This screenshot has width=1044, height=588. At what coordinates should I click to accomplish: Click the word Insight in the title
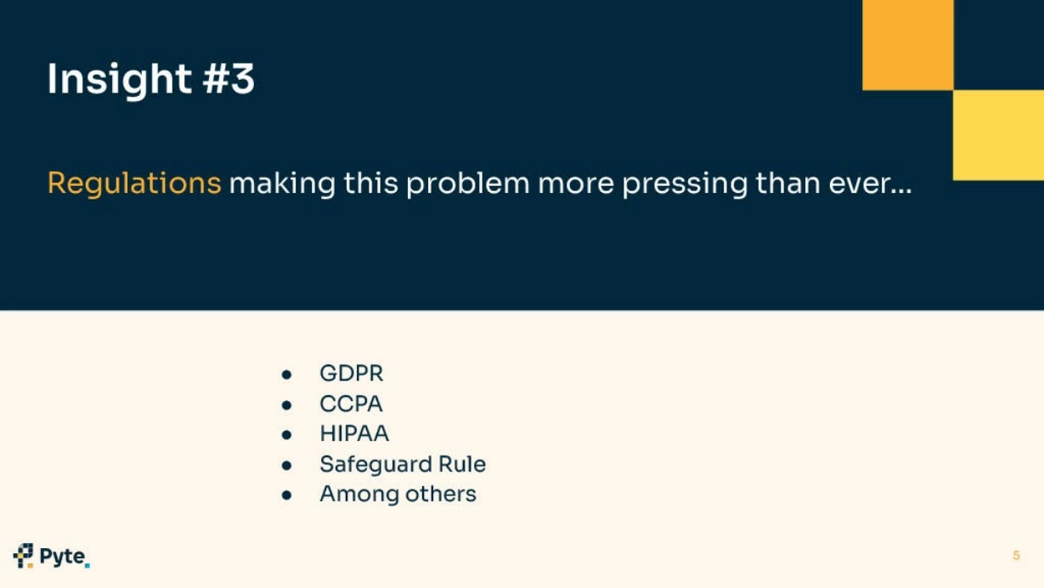[119, 80]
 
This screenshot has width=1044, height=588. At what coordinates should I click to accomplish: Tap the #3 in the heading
[229, 78]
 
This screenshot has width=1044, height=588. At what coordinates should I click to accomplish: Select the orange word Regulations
[134, 184]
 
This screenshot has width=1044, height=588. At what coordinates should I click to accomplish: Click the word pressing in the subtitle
[685, 184]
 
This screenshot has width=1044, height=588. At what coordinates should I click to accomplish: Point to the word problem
[468, 183]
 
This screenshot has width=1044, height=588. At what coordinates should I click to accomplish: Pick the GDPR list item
[352, 373]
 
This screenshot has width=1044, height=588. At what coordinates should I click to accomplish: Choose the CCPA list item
[351, 404]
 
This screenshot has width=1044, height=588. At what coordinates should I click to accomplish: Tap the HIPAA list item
[354, 433]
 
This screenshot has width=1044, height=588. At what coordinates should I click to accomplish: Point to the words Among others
[398, 495]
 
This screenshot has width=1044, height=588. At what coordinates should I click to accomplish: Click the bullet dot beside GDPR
[286, 375]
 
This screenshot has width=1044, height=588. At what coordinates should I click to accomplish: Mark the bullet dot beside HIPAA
[286, 435]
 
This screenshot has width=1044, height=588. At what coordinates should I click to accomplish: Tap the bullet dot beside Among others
[286, 495]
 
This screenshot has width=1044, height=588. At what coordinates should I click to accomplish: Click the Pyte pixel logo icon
[23, 556]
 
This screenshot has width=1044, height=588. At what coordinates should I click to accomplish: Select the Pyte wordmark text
[63, 557]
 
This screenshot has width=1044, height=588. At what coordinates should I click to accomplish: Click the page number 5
[1017, 556]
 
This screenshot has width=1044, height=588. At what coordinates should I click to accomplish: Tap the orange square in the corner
[908, 45]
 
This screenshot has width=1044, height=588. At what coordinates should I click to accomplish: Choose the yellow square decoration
[998, 135]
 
